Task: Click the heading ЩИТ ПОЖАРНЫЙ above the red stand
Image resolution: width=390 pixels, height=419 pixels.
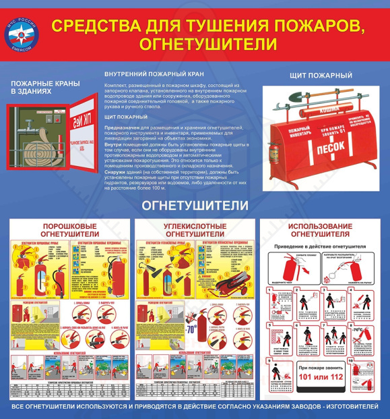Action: pyautogui.click(x=321, y=76)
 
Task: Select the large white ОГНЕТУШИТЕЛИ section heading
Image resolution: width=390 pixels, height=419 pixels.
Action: pyautogui.click(x=195, y=204)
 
